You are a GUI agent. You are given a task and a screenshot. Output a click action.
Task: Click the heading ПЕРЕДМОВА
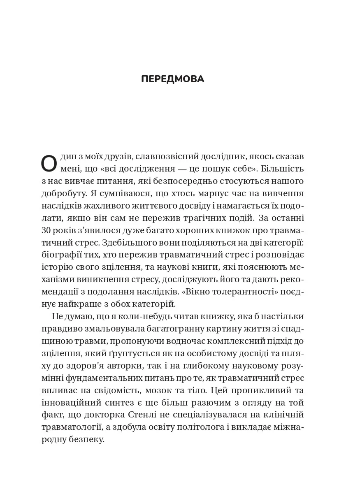coord(172,79)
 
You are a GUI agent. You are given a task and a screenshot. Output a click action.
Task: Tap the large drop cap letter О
coord(49,163)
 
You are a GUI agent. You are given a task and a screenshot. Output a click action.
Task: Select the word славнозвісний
coord(158,157)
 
